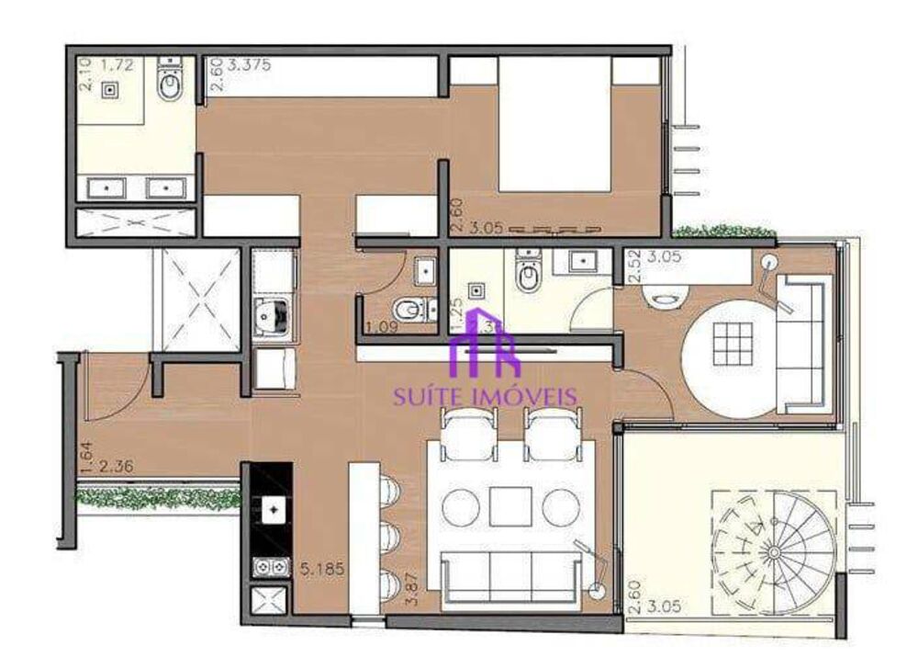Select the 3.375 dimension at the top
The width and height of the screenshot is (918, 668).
coord(244,65)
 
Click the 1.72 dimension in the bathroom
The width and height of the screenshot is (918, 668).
coord(117,65)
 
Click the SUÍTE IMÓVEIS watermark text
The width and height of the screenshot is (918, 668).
coord(486,397)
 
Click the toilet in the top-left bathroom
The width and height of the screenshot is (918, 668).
coord(171,85)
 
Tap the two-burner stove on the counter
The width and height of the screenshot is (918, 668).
coord(271,569)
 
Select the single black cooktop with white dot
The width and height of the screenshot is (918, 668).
coord(273,508)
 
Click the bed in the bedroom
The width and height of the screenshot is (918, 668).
coord(554,124)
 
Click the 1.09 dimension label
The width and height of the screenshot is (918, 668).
coord(378,328)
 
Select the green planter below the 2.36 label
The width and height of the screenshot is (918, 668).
coord(156,499)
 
